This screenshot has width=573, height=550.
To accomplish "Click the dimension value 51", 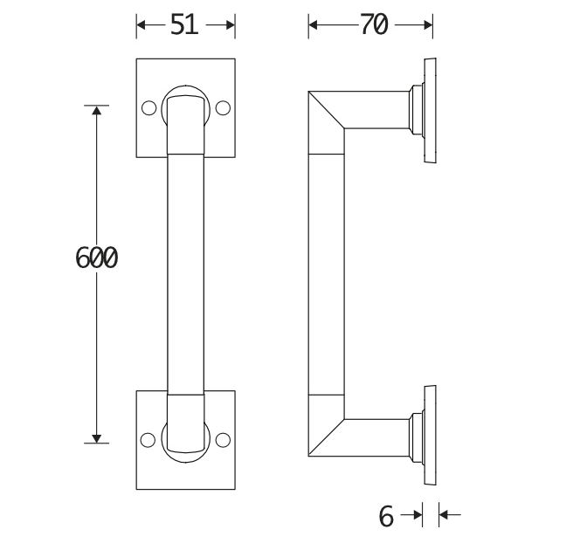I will (184, 26).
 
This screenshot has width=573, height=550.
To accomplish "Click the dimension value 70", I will (373, 26).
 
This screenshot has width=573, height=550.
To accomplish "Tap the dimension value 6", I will (387, 516).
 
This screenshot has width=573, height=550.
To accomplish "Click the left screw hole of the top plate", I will (148, 108).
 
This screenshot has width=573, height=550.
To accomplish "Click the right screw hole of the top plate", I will (223, 108).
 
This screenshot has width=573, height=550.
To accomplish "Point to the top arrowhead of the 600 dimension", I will (96, 112).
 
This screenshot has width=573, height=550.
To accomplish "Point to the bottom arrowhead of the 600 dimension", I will (96, 437).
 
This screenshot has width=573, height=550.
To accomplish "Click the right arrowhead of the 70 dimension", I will (428, 26).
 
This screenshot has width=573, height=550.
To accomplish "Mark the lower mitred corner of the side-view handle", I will (325, 435).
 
